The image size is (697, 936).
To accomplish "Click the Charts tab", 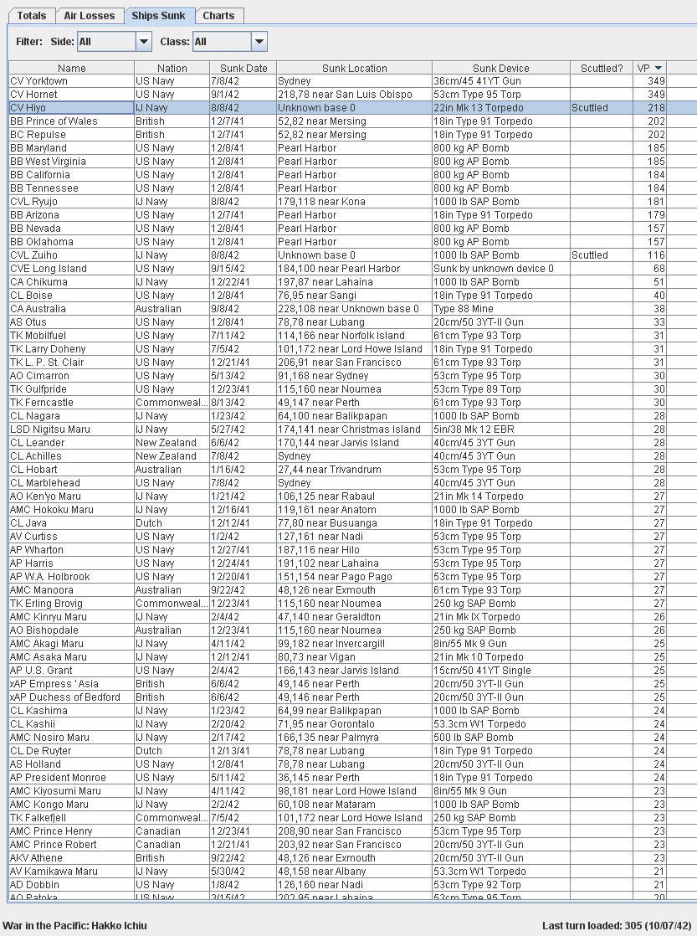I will point(218,16).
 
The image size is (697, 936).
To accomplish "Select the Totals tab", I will point(32,16).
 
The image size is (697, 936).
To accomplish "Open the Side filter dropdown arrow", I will point(143,41).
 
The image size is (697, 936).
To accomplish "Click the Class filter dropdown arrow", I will point(259,41).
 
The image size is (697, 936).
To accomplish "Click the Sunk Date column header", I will point(243,68).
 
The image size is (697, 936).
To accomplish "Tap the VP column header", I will point(649,68).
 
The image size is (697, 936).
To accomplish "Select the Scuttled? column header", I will point(601,68).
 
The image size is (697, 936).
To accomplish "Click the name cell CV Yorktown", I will point(38,81).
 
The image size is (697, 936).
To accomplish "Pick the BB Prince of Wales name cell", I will point(54,121).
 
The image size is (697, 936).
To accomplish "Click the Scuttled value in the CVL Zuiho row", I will point(590,255).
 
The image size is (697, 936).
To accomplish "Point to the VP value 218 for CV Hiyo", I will point(656,108).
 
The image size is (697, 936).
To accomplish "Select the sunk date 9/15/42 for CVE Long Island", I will point(228,269).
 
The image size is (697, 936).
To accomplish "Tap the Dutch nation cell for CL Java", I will point(149,523).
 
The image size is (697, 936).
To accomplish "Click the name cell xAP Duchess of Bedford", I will point(64,697).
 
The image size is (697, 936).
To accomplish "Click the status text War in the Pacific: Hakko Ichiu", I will point(74,926).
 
